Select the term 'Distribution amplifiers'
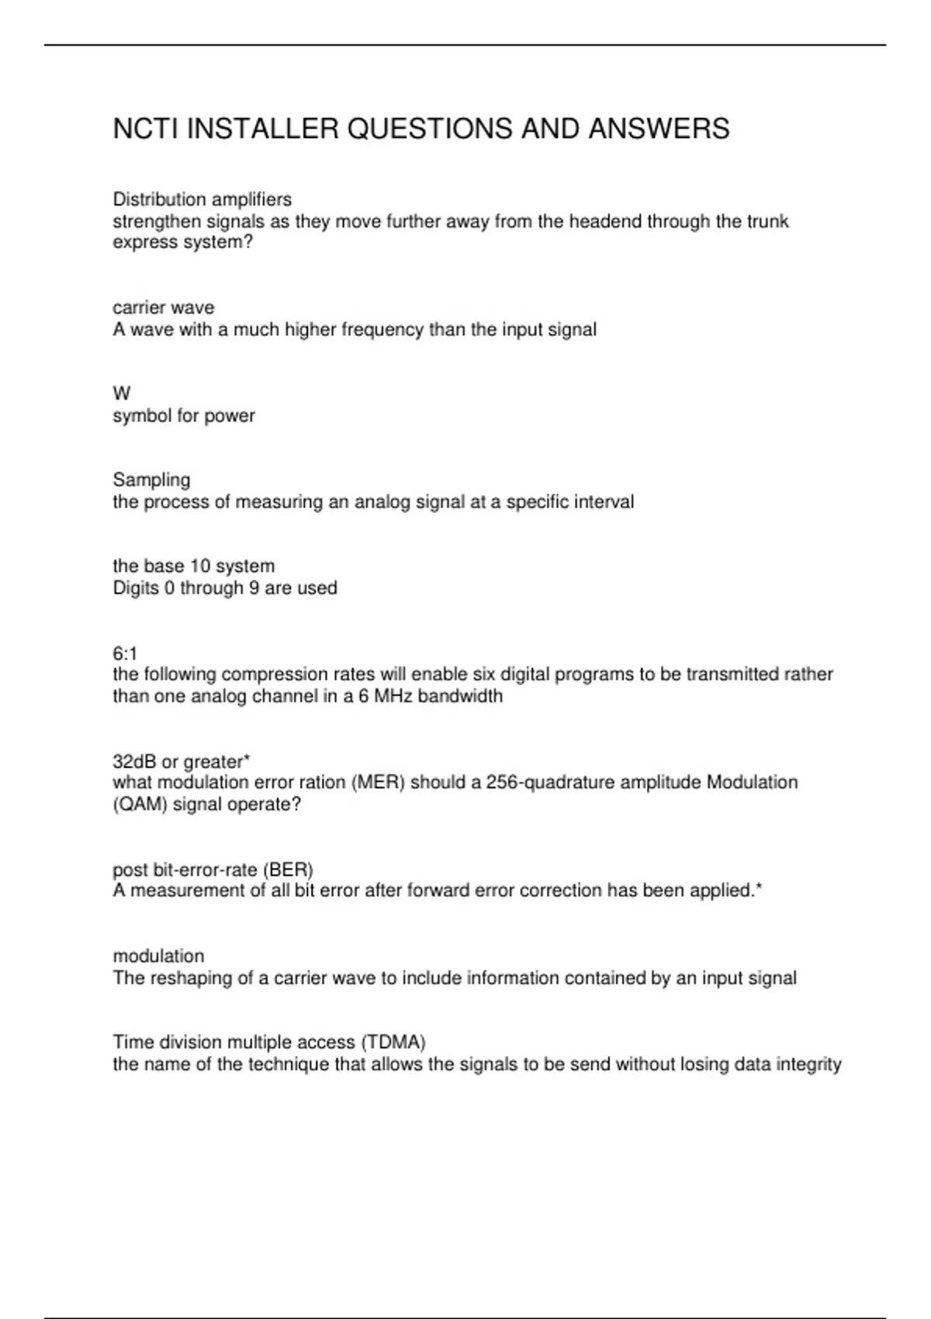[202, 199]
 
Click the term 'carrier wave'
[164, 307]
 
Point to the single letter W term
[122, 393]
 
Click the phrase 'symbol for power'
[184, 416]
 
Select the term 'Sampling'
[151, 479]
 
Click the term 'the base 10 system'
[193, 566]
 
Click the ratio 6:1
[125, 653]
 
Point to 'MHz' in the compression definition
[394, 696]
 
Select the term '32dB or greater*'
[181, 761]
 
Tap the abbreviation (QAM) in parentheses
[140, 804]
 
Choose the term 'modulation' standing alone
[158, 956]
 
